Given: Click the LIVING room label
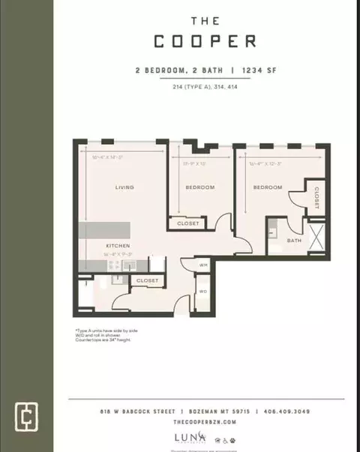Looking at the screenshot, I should tap(124, 187).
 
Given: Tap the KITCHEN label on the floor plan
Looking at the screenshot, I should tap(118, 246).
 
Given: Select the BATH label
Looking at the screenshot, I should tap(295, 241).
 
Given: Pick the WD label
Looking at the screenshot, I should tap(202, 291).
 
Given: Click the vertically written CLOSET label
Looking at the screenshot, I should tap(316, 197).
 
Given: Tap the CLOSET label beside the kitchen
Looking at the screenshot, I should tap(148, 280).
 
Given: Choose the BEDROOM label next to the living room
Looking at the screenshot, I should tap(200, 187).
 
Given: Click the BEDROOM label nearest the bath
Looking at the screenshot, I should tap(267, 187).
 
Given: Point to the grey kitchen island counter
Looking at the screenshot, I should tap(105, 230).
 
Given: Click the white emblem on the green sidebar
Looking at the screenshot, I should tap(26, 415).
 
